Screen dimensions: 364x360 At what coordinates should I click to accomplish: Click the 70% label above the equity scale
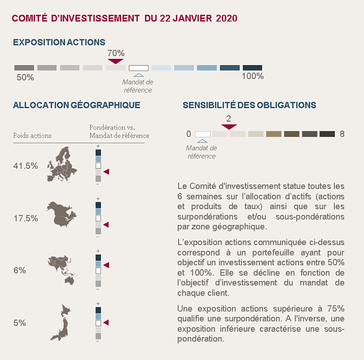[116, 53]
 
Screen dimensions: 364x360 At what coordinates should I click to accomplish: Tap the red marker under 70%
[115, 61]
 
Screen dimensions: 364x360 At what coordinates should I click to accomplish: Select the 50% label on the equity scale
[25, 77]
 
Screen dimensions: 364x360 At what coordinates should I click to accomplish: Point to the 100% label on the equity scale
[253, 76]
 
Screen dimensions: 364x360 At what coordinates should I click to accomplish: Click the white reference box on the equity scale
[138, 68]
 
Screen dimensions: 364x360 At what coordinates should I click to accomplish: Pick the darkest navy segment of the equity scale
[253, 68]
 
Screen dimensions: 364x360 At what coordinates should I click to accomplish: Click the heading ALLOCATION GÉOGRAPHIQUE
[76, 105]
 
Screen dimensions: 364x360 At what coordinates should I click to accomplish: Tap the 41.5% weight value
[26, 166]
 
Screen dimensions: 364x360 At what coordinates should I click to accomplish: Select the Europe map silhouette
[62, 164]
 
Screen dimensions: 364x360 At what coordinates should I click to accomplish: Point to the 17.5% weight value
[26, 219]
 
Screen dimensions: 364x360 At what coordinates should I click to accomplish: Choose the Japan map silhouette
[61, 323]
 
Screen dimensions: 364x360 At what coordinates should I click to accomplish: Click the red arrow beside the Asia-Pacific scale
[106, 265]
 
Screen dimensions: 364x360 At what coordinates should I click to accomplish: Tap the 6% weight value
[20, 270]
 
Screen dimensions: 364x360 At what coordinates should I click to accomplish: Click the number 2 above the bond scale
[228, 119]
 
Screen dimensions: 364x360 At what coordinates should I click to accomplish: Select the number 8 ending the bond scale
[342, 134]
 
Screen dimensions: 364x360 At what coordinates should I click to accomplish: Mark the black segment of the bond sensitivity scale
[327, 134]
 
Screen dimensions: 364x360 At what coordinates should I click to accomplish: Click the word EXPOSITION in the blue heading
[39, 42]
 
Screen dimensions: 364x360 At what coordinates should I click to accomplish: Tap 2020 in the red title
[227, 19]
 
